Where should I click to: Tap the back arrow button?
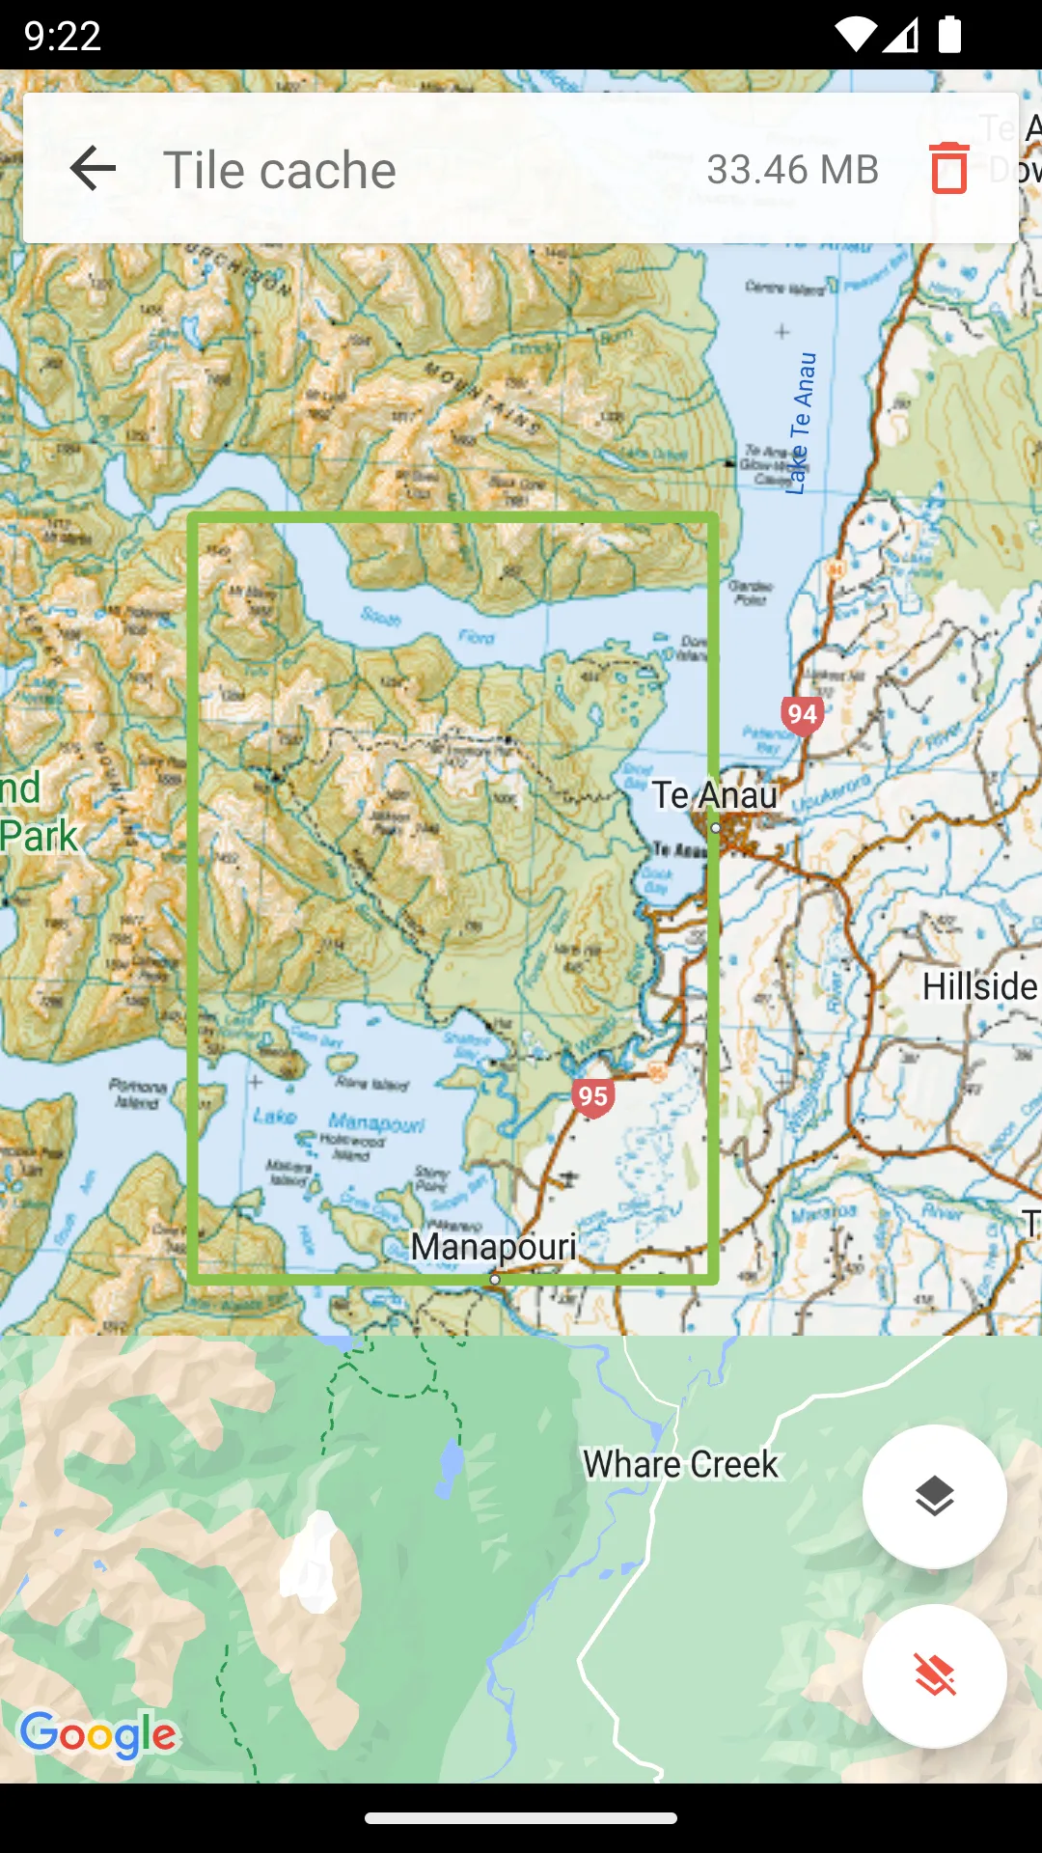click(94, 169)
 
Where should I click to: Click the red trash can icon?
click(948, 168)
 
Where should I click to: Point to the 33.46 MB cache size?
click(792, 170)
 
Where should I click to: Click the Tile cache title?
click(280, 170)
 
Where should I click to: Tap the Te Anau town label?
click(714, 795)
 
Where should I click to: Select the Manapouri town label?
click(493, 1246)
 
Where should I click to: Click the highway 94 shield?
click(802, 715)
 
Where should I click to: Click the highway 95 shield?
click(592, 1096)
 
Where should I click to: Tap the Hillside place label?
click(978, 986)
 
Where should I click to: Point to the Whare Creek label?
click(680, 1464)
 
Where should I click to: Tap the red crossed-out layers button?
click(934, 1675)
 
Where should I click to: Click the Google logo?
click(98, 1734)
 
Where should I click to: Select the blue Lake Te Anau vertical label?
click(801, 425)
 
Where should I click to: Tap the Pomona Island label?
click(138, 1093)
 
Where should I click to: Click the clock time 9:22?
click(63, 36)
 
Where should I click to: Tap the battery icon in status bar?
click(949, 35)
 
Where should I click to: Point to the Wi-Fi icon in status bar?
click(854, 35)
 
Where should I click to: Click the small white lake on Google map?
click(312, 1563)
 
